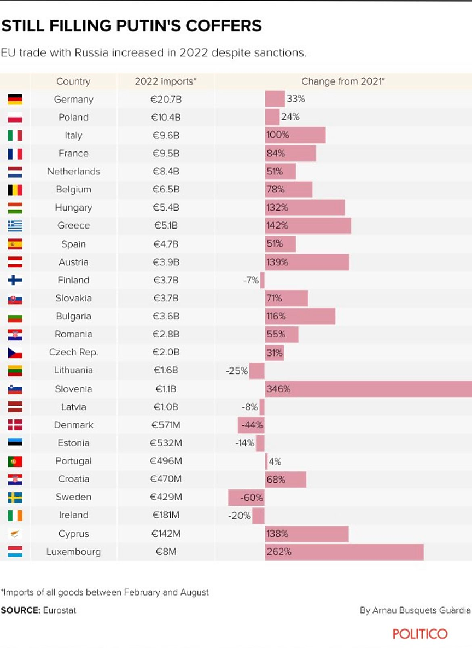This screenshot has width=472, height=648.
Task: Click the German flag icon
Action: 15,99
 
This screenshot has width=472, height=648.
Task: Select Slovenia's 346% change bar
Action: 368,389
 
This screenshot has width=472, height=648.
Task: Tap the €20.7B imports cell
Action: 166,99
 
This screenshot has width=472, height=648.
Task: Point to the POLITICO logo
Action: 419,634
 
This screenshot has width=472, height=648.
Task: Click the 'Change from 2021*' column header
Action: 343,81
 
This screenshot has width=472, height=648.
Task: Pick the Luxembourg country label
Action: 73,552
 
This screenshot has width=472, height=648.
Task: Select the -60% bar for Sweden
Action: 246,497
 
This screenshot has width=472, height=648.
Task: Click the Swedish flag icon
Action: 15,497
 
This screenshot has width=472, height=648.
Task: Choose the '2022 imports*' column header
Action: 165,81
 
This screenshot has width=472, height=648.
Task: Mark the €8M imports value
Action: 166,552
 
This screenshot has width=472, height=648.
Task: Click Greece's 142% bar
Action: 308,225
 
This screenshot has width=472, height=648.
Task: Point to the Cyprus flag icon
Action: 15,534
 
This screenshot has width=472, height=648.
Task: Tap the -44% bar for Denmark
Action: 251,425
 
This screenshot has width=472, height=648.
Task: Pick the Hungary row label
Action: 73,207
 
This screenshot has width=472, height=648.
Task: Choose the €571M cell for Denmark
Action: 166,425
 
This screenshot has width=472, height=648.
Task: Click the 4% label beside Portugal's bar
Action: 275,462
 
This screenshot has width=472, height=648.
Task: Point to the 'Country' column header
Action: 73,81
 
